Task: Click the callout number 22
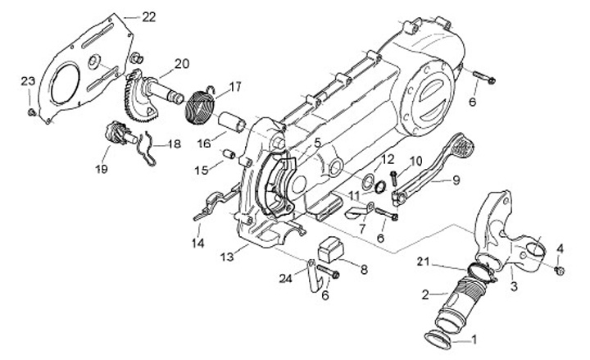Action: [149, 17]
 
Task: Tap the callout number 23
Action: [28, 81]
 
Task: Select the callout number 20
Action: [182, 64]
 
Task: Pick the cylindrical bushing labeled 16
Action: [233, 121]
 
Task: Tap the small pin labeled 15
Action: [228, 154]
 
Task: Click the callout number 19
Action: [102, 168]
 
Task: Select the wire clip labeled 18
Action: [147, 150]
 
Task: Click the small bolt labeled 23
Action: [32, 112]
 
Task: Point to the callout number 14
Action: [198, 244]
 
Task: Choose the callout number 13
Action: [227, 257]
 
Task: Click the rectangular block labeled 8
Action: [331, 248]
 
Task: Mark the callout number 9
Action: [456, 180]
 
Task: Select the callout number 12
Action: [387, 160]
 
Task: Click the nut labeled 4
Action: [560, 271]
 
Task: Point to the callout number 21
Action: [424, 262]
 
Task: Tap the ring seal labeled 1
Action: [438, 340]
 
